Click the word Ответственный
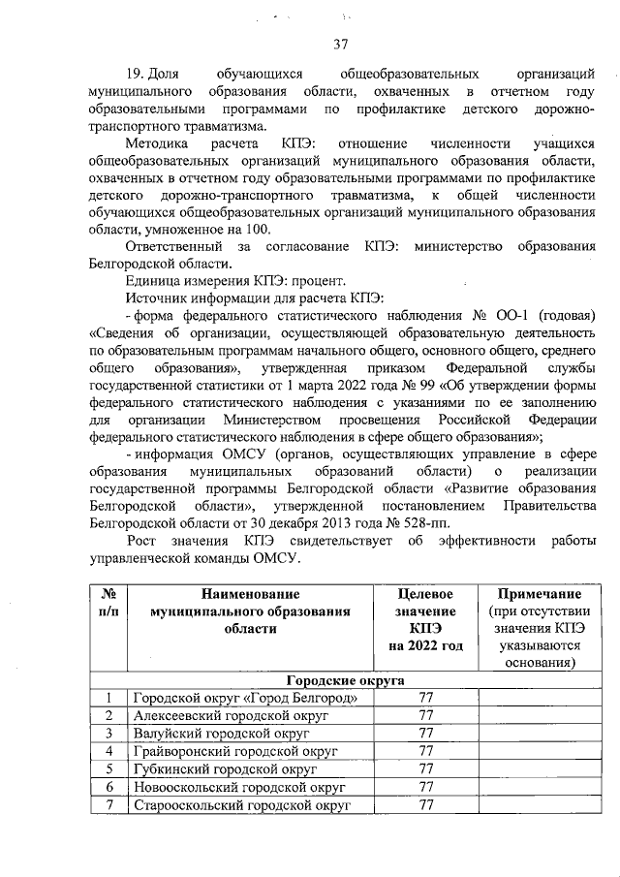[172, 247]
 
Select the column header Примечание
[539, 593]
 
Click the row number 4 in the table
[108, 751]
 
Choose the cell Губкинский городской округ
[222, 768]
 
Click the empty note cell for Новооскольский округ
[539, 786]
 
